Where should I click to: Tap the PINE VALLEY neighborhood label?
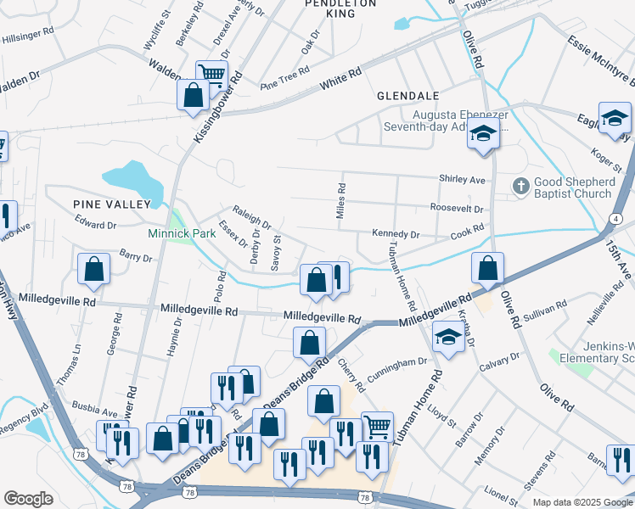[x=111, y=204]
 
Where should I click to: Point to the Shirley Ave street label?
[x=461, y=180]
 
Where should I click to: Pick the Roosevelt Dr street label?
[x=457, y=208]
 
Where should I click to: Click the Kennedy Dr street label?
[x=396, y=233]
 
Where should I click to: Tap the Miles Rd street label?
[x=341, y=200]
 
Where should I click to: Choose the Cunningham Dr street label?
[x=396, y=367]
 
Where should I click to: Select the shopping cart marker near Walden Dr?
[x=211, y=75]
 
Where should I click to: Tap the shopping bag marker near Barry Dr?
[x=93, y=269]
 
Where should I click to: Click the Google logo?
[x=29, y=499]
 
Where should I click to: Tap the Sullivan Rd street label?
[x=545, y=313]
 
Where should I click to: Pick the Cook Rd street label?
[x=467, y=229]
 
